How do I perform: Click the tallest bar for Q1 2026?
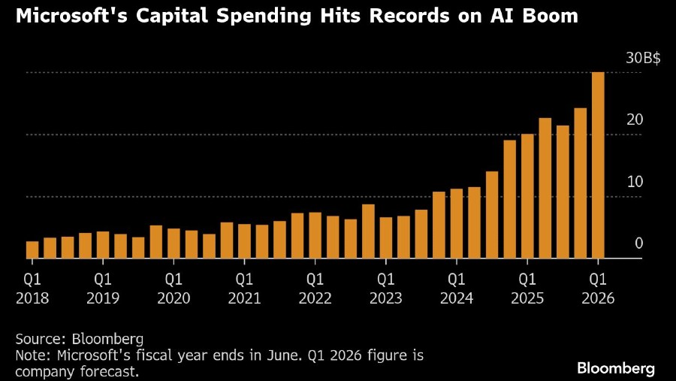pyautogui.click(x=598, y=165)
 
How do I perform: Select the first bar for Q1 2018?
pyautogui.click(x=32, y=250)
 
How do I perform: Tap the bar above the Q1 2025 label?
pyautogui.click(x=527, y=196)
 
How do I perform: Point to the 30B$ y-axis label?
pyautogui.click(x=643, y=59)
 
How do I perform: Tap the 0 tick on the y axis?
pyautogui.click(x=638, y=243)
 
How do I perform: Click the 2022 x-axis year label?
pyautogui.click(x=315, y=298)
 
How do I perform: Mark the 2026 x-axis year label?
pyautogui.click(x=598, y=298)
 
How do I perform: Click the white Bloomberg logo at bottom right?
pyautogui.click(x=616, y=368)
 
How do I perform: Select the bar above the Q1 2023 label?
pyautogui.click(x=385, y=238)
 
